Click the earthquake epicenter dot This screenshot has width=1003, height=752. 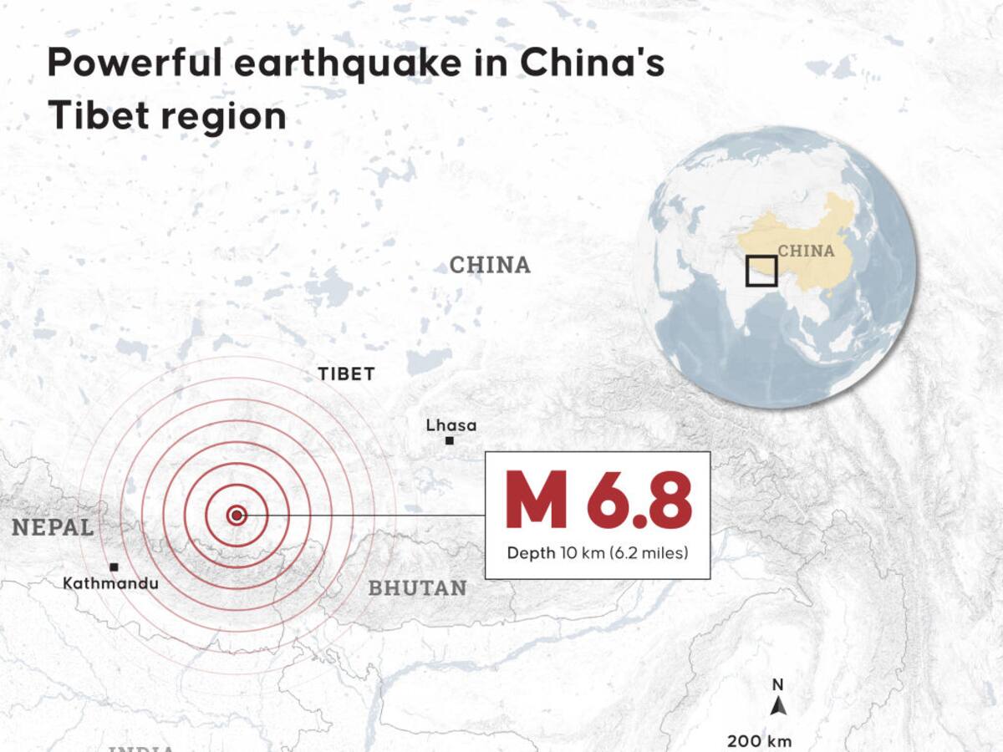237,516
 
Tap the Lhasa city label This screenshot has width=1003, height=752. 451,425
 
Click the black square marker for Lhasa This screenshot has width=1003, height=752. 450,440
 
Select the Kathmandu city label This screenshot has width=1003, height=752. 110,583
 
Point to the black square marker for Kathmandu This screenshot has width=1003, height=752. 114,567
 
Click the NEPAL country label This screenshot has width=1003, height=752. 52,527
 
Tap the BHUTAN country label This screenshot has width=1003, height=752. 417,588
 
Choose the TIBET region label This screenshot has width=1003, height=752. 346,374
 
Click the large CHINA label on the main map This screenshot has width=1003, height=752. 490,266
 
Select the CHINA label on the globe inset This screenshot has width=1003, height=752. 806,251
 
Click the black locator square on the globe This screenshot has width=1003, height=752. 761,272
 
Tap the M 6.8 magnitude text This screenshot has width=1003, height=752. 598,501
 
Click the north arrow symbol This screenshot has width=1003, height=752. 779,707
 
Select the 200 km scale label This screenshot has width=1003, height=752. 758,740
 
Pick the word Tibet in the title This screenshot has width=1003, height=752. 93,116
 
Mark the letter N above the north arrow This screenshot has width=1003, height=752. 778,685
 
